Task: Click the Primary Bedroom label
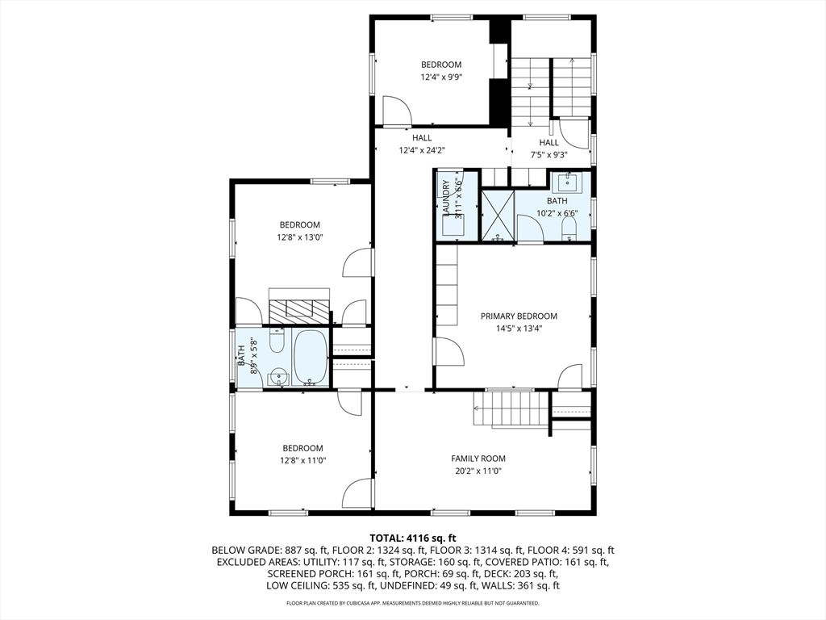(519, 316)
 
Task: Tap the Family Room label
(478, 459)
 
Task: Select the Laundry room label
(446, 198)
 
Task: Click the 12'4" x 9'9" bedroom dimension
(441, 77)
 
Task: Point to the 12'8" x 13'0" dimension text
(300, 237)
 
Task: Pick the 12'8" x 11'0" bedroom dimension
(303, 460)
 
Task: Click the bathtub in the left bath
(311, 358)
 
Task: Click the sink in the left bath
(277, 379)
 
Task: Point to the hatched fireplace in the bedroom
(299, 311)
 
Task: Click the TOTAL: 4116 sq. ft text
(412, 538)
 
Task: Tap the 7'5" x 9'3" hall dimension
(549, 155)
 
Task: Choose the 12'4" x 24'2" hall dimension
(422, 150)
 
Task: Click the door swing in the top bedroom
(397, 110)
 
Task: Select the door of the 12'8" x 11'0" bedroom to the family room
(357, 492)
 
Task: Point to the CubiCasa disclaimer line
(412, 602)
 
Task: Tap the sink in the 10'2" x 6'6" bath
(567, 182)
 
